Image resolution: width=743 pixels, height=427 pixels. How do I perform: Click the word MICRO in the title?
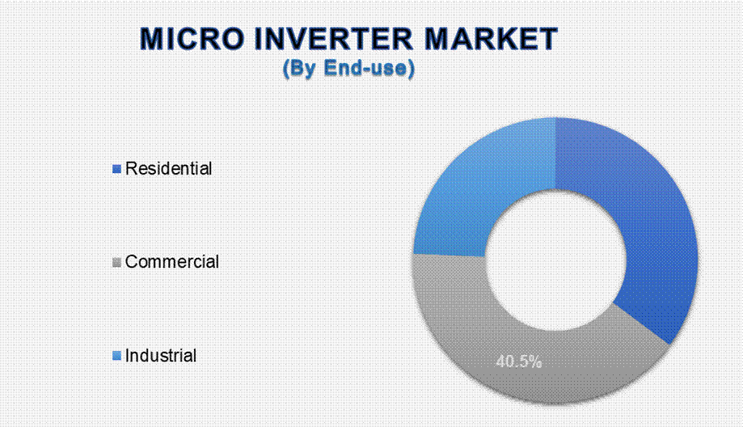193,38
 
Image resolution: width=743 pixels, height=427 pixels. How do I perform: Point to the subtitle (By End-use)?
348,68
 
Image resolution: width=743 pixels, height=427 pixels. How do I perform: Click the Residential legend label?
168,169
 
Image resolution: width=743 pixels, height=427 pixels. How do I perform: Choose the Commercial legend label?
171,261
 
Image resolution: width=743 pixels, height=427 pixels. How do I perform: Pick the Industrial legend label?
161,356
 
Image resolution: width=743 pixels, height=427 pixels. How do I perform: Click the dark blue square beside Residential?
116,169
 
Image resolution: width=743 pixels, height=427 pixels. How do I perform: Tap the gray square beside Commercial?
116,262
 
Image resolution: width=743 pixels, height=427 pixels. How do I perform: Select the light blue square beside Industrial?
116,356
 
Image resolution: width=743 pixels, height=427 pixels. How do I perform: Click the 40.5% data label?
519,362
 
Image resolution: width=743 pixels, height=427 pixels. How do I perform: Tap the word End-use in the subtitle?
365,68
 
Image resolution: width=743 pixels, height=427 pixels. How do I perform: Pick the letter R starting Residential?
131,168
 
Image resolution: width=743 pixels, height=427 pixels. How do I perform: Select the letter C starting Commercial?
132,261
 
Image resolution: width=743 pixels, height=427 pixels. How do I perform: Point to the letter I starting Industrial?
128,355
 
